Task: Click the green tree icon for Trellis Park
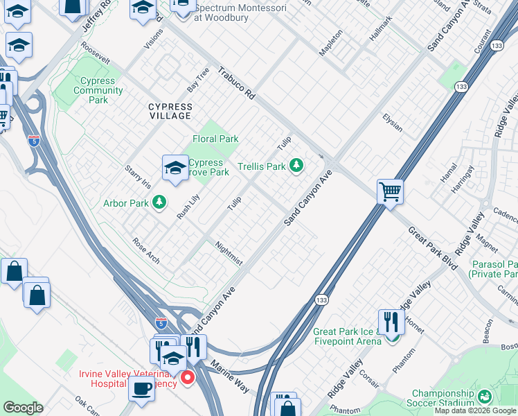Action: [296, 165]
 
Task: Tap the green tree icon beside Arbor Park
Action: [160, 202]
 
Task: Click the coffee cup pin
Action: [142, 388]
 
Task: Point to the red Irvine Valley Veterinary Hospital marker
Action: [188, 378]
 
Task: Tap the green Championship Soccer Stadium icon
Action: [485, 397]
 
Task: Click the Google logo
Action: [23, 408]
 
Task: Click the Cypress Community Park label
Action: [98, 90]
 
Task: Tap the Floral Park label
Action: [215, 139]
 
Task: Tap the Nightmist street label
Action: [229, 253]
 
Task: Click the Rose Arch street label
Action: [146, 251]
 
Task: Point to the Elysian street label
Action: [393, 122]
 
